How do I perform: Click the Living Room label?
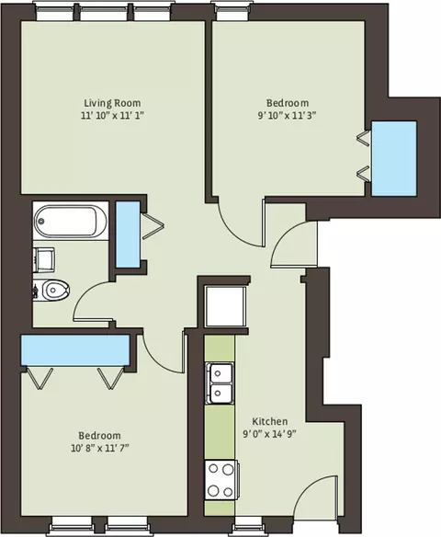tap(112, 103)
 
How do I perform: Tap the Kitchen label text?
tap(269, 421)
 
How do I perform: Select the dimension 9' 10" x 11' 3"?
tap(287, 116)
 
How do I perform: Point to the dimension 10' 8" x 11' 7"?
tap(100, 448)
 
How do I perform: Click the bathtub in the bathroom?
tap(71, 221)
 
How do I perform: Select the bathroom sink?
tap(44, 260)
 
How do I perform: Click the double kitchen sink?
tap(220, 383)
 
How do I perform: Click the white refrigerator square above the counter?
tap(225, 306)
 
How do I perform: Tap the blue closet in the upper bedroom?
tap(394, 158)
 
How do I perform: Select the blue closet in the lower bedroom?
tap(75, 350)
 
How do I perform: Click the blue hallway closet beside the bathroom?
tap(128, 234)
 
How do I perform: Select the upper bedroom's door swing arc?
tap(234, 232)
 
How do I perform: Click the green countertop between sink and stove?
tap(220, 432)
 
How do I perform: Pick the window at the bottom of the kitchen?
tap(247, 531)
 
